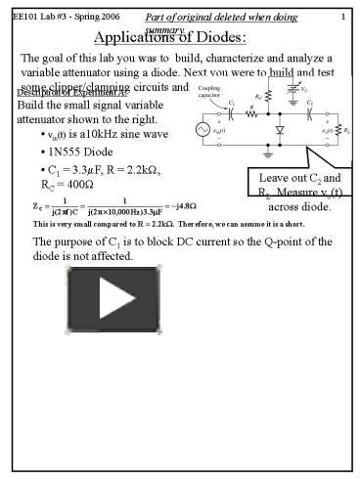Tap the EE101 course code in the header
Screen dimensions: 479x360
click(x=27, y=17)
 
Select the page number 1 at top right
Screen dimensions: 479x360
click(x=342, y=17)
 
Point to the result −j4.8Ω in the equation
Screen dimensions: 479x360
click(x=181, y=205)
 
